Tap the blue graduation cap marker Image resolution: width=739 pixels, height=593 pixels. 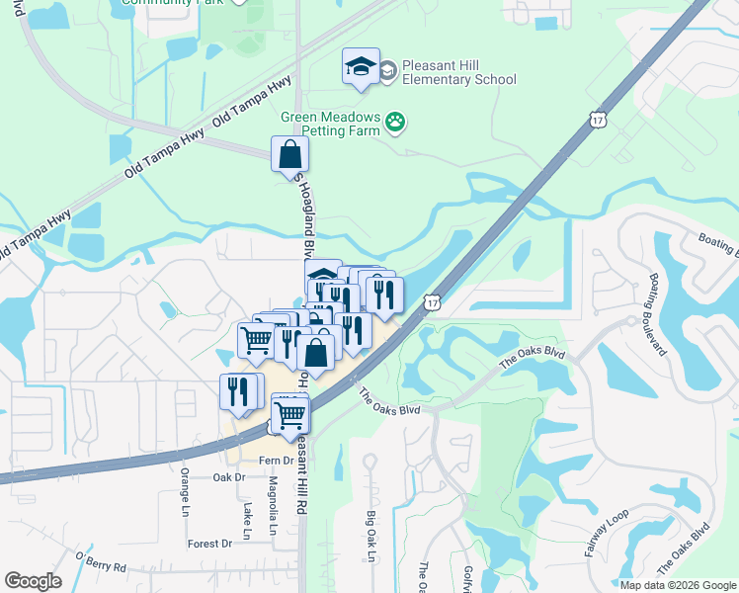pyautogui.click(x=361, y=68)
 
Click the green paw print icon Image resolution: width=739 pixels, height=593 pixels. pyautogui.click(x=396, y=122)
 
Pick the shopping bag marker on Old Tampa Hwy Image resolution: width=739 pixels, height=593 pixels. pyautogui.click(x=290, y=155)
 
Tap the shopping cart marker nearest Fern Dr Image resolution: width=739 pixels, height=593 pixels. pyautogui.click(x=289, y=415)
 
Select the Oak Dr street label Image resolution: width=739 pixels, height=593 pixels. pyautogui.click(x=227, y=477)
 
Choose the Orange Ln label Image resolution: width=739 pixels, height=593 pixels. pyautogui.click(x=185, y=491)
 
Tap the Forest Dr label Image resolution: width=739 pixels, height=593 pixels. pyautogui.click(x=209, y=544)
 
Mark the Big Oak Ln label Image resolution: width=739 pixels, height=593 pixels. pyautogui.click(x=371, y=537)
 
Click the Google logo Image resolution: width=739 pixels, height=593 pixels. pyautogui.click(x=33, y=581)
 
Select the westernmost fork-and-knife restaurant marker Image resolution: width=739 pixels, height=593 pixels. pyautogui.click(x=238, y=391)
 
